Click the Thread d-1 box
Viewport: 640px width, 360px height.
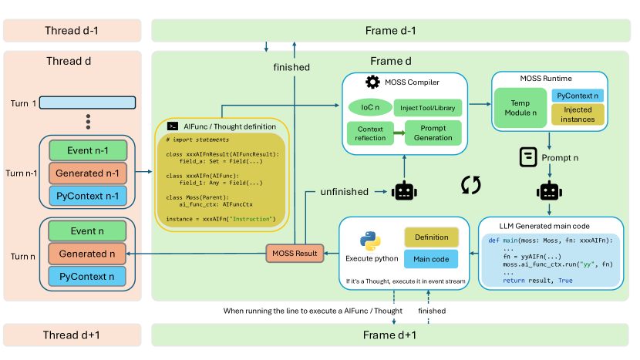72,30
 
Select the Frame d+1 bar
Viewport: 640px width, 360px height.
389,335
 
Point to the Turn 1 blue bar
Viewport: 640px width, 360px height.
87,103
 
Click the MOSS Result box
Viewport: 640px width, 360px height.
294,253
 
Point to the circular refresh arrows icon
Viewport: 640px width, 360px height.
470,184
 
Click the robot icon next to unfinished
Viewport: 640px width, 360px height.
406,191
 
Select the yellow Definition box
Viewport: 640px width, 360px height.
431,236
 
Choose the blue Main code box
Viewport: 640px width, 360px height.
431,258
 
